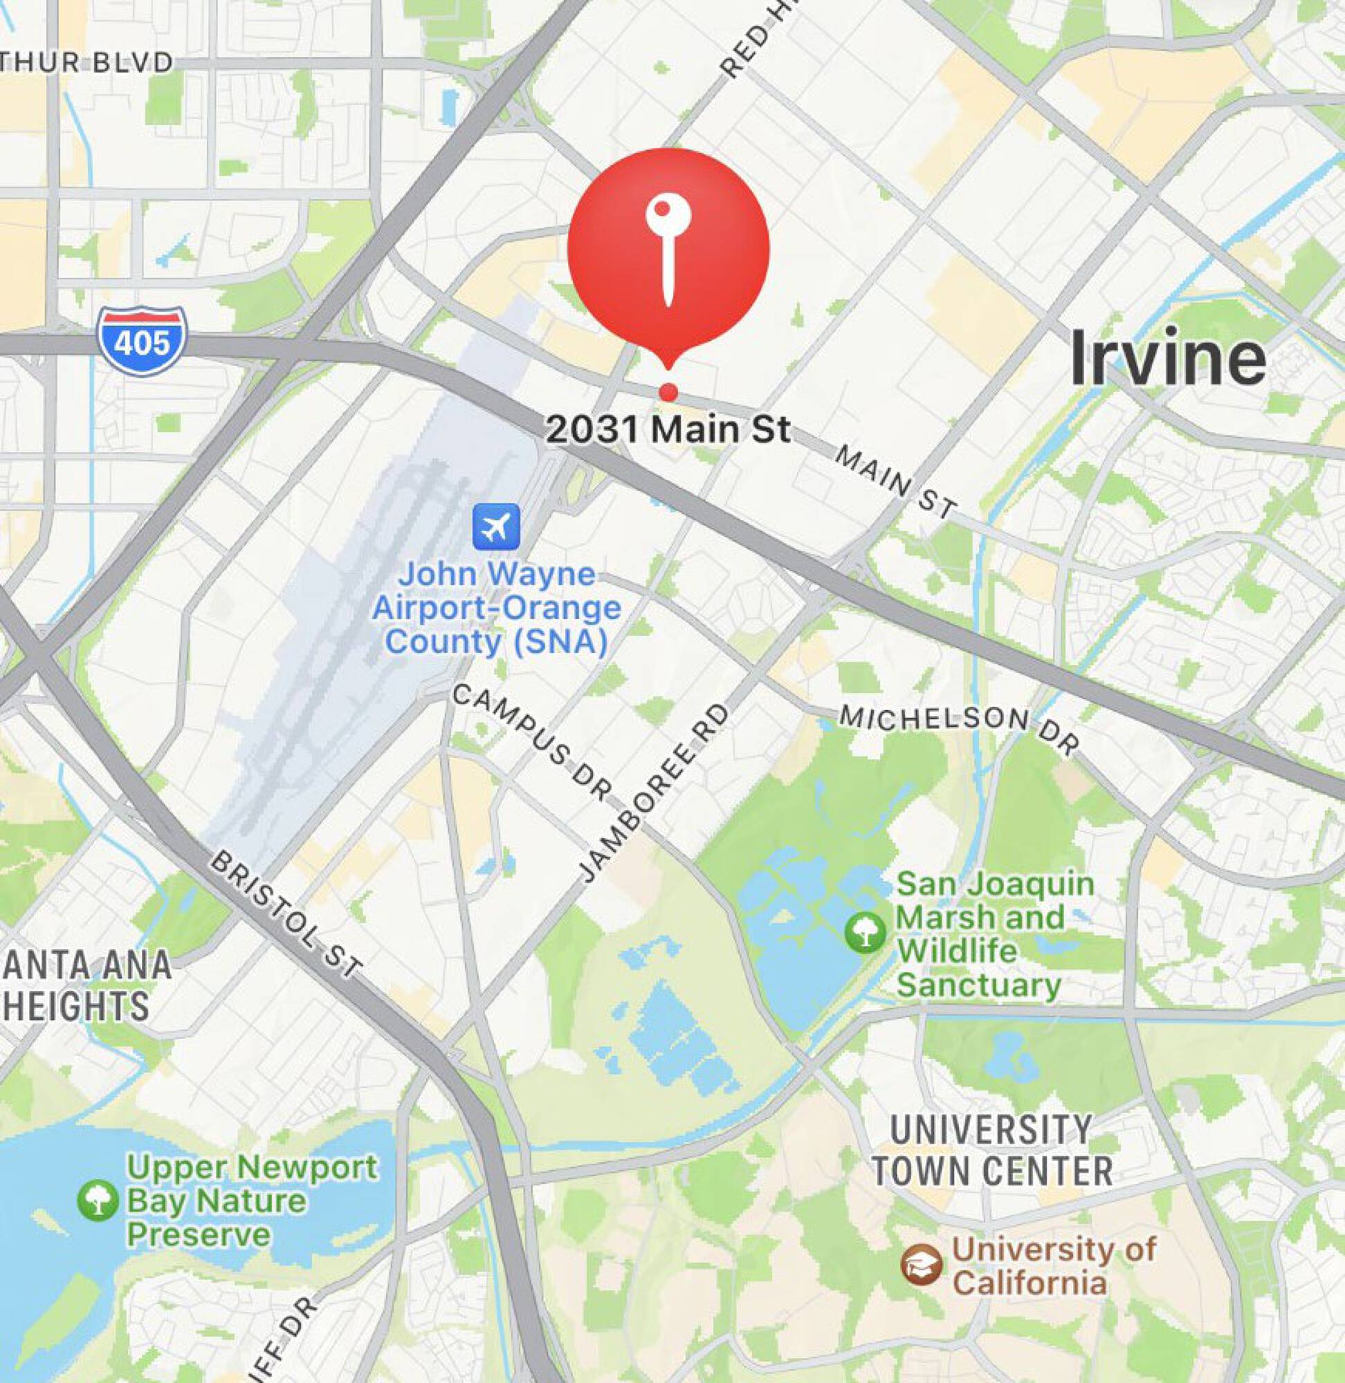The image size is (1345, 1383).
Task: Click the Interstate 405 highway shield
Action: click(x=143, y=341)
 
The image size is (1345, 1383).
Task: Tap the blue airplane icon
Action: click(x=496, y=526)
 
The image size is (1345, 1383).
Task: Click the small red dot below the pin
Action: click(x=668, y=392)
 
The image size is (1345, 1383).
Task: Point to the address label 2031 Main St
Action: click(x=668, y=429)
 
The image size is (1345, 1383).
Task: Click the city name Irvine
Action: click(x=1169, y=360)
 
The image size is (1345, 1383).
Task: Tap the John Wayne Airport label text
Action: click(x=496, y=608)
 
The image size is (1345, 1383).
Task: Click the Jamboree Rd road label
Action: click(x=652, y=795)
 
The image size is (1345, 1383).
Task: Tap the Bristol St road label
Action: click(x=286, y=916)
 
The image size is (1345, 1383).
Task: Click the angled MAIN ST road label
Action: click(x=895, y=482)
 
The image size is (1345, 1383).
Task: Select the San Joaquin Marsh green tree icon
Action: click(x=865, y=932)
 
